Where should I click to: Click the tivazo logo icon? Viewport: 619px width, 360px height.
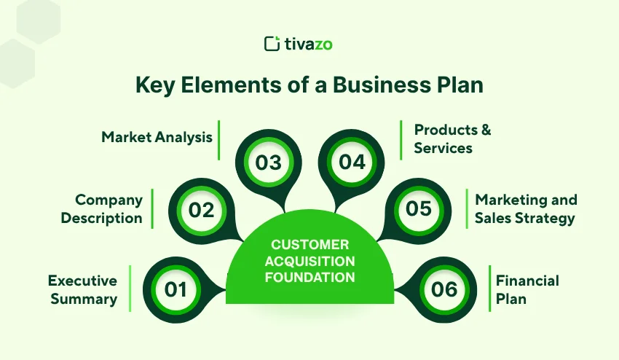click(x=272, y=44)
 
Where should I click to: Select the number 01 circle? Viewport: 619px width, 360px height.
click(x=176, y=289)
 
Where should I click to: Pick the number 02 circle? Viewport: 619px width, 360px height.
click(x=201, y=210)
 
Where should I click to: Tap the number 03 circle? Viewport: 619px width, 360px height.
click(x=268, y=162)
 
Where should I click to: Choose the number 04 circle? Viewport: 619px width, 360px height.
click(x=352, y=162)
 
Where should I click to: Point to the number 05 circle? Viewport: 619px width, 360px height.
click(x=419, y=209)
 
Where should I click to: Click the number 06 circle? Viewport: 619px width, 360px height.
click(x=444, y=289)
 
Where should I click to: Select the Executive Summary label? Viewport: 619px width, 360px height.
click(x=82, y=289)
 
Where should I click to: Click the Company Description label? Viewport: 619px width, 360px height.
click(x=101, y=208)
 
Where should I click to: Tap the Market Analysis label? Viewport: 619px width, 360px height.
click(x=157, y=136)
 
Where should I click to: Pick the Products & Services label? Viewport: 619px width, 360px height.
click(x=452, y=138)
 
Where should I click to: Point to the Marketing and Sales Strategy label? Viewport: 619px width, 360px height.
click(x=525, y=208)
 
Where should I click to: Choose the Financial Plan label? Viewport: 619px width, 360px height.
click(x=527, y=289)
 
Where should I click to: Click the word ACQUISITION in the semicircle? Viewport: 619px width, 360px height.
click(x=309, y=261)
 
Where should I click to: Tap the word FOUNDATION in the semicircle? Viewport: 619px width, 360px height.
click(x=309, y=277)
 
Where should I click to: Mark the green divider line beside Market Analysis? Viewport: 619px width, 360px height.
click(x=219, y=140)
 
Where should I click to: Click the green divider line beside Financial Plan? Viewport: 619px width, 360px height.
click(x=489, y=289)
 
